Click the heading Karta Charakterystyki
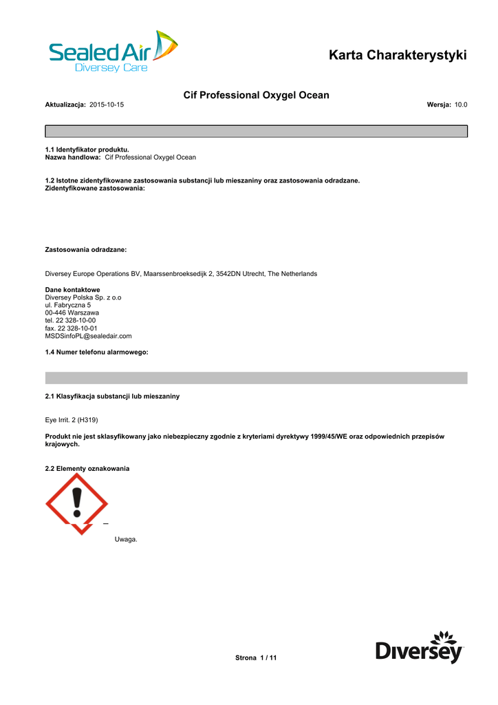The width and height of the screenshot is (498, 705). point(398,55)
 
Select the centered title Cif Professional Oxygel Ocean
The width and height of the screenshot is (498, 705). point(256,95)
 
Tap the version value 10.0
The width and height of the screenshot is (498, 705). point(461,104)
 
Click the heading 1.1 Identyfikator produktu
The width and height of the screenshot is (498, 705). point(87,149)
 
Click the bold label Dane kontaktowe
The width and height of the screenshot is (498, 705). point(72,290)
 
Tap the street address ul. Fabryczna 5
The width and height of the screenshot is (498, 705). point(67,305)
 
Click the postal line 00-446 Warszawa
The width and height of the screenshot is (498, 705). point(72,313)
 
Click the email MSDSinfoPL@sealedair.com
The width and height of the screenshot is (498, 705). point(88,336)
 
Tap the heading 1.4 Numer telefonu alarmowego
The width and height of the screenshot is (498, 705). point(96,352)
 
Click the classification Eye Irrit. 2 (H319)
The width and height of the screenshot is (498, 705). point(76,419)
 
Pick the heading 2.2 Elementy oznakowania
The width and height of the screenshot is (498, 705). point(87,468)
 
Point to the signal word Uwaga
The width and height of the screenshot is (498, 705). point(126,539)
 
